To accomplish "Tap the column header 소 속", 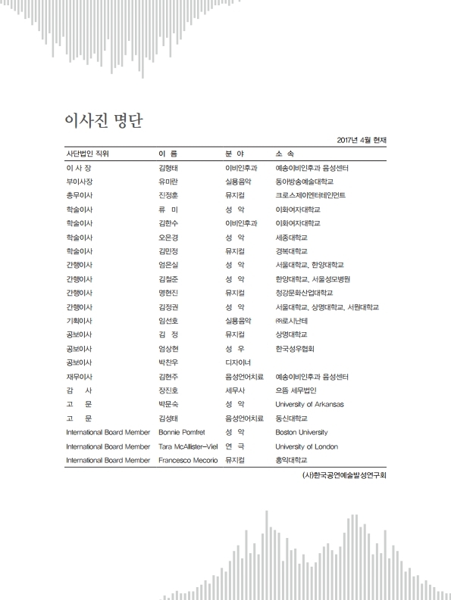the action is pyautogui.click(x=285, y=154).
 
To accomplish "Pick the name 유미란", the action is pyautogui.click(x=168, y=182).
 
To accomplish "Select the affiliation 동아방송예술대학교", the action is pyautogui.click(x=304, y=182).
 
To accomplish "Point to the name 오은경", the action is pyautogui.click(x=168, y=237).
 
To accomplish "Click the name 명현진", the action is pyautogui.click(x=168, y=292).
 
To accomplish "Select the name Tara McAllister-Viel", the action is pyautogui.click(x=187, y=446).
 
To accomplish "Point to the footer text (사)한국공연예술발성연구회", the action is pyautogui.click(x=343, y=476).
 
